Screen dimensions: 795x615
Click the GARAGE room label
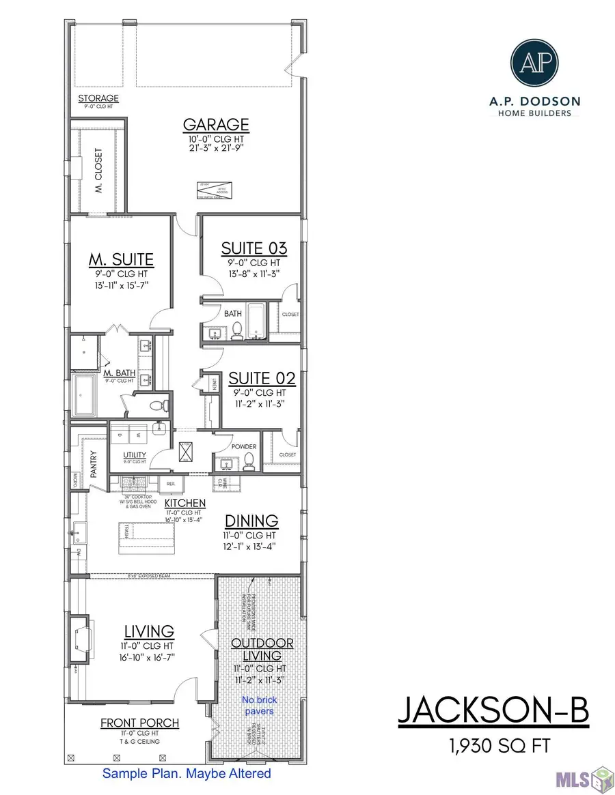pos(215,125)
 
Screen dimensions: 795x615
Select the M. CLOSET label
pos(98,170)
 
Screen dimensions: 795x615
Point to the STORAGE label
pos(98,99)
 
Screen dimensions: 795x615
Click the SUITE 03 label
pos(254,248)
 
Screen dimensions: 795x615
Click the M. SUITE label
pos(121,259)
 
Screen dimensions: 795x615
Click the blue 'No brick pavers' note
pos(258,706)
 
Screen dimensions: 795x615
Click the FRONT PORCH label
pos(139,723)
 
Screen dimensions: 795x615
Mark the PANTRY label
pos(93,462)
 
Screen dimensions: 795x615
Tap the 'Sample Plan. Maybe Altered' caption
pos(187,773)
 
